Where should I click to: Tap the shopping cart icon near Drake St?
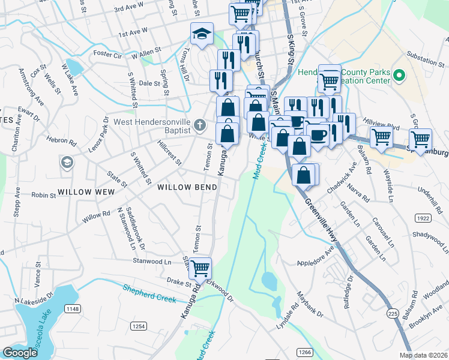point(200,268)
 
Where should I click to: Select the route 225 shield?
point(393,313)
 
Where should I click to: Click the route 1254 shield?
point(139,326)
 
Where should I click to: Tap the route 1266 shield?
point(305,352)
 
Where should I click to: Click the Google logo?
point(20,353)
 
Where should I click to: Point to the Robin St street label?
point(43,195)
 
